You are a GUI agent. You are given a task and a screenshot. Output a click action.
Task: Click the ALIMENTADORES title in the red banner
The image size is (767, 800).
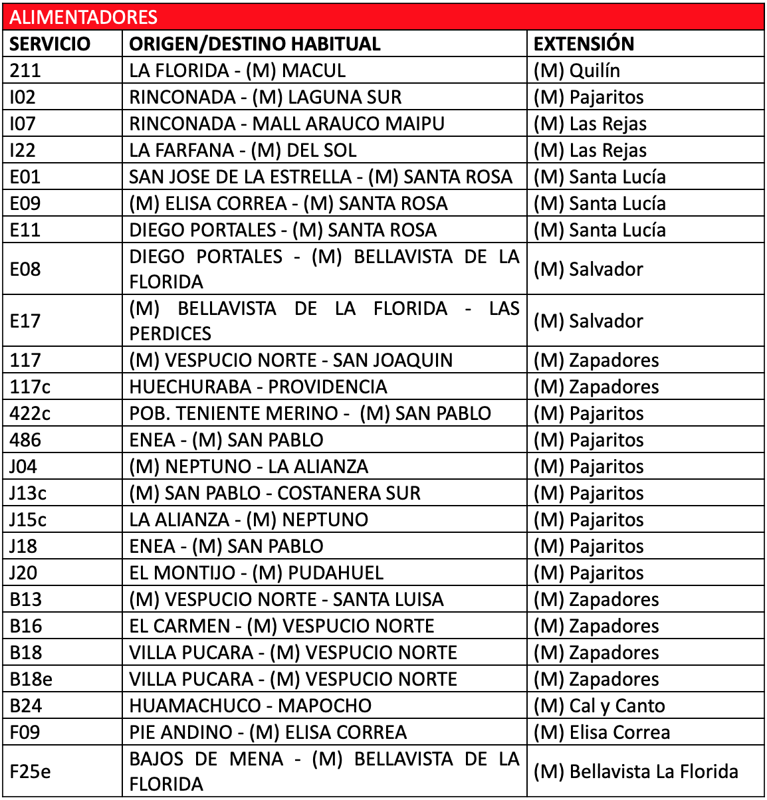(84, 17)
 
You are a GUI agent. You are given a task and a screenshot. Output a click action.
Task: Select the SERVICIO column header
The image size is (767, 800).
(50, 44)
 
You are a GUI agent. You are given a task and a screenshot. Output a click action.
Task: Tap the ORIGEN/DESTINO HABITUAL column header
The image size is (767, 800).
(255, 44)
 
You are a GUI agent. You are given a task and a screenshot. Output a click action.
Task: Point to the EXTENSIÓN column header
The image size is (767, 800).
(584, 44)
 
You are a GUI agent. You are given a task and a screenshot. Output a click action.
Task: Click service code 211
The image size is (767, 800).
(25, 70)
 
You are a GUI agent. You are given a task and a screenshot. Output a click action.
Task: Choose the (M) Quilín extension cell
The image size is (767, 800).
(576, 70)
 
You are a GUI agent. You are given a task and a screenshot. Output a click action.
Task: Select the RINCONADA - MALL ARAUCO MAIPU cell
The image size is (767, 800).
(286, 124)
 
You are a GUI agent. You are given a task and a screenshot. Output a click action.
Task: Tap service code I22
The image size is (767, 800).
(23, 150)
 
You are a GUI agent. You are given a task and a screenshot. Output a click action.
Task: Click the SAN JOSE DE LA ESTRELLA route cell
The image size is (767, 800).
(320, 177)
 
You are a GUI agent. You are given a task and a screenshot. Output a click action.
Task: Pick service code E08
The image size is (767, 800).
(25, 269)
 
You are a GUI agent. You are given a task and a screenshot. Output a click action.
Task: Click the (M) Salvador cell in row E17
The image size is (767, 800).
(588, 321)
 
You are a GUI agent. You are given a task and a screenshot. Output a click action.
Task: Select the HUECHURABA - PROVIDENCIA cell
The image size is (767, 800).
(258, 387)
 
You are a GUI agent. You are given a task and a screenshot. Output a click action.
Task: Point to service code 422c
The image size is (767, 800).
(30, 413)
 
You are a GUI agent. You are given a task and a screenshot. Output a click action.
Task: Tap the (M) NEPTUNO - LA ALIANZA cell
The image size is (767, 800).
(249, 466)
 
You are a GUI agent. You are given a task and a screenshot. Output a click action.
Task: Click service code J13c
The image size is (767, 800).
(28, 493)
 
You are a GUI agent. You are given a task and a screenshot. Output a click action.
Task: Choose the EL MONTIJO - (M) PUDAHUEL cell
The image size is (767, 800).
(256, 573)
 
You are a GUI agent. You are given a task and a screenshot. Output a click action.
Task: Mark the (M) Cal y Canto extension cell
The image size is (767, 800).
(599, 706)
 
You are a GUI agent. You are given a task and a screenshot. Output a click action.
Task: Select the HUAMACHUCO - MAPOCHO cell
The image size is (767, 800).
(250, 706)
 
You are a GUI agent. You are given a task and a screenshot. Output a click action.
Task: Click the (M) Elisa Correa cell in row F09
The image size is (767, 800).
(602, 732)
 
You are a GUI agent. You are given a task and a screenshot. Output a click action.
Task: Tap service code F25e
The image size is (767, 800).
(30, 771)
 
